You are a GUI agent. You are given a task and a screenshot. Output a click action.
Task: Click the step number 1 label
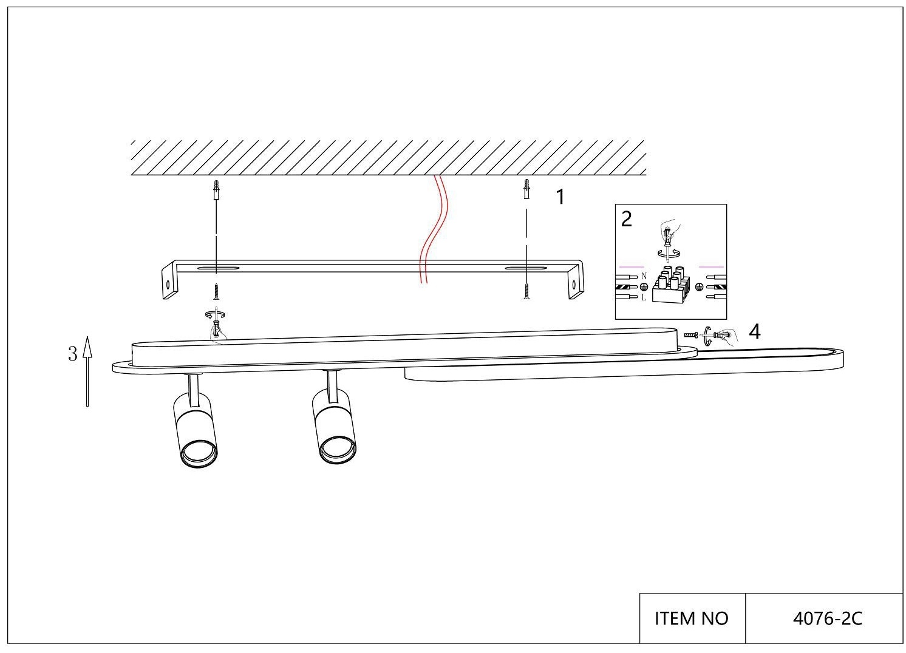click(560, 197)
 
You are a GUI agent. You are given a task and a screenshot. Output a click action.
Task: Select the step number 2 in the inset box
click(627, 218)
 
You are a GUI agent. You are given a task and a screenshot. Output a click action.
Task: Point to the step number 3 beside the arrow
click(72, 354)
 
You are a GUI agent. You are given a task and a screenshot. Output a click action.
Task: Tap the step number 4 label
click(755, 331)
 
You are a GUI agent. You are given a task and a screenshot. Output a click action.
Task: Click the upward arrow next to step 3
click(87, 371)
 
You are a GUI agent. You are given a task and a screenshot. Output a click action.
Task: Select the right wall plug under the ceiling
click(526, 189)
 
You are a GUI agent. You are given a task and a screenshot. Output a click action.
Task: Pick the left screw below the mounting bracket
click(216, 291)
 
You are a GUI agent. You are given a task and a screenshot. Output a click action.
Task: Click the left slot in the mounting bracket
click(217, 268)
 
